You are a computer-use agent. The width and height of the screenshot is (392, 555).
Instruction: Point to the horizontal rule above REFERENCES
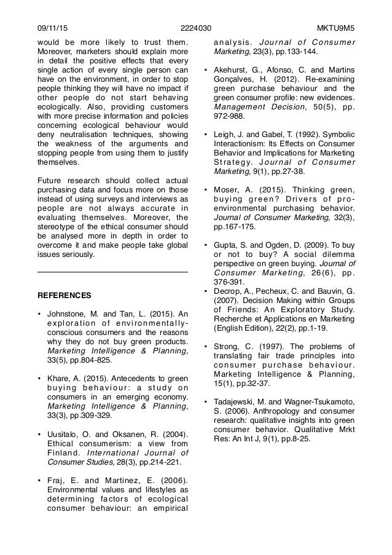pyautogui.click(x=112, y=272)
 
